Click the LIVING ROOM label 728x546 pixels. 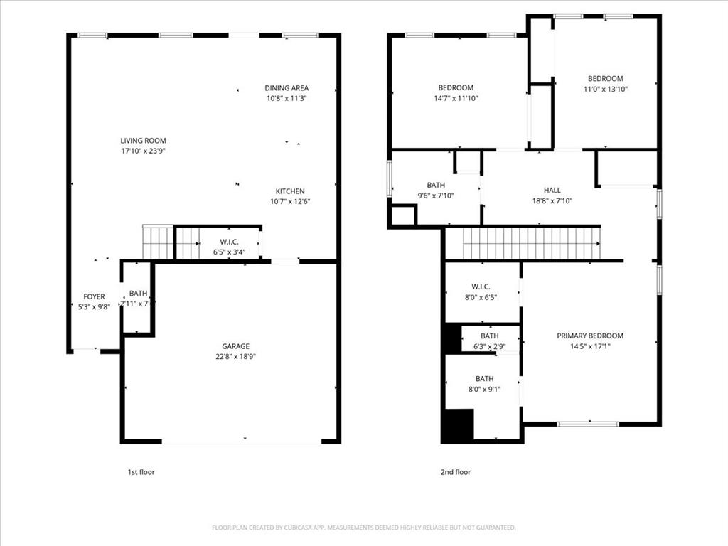143,141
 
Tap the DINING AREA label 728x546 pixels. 287,88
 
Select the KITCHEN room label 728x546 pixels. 290,191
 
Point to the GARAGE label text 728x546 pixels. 235,346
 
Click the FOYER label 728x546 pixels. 94,296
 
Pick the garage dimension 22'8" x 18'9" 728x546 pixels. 235,356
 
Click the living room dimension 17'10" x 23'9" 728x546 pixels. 143,151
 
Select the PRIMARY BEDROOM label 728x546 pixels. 589,336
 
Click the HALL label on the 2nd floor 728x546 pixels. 552,190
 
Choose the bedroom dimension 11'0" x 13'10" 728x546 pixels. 605,89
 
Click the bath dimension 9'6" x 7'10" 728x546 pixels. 436,196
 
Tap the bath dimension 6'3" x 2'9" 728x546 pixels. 489,346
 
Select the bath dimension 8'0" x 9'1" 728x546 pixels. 484,389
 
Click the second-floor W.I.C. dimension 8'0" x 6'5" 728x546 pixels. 481,297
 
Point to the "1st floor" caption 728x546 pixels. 140,471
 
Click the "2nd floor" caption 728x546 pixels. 455,471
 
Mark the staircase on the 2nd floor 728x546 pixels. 532,243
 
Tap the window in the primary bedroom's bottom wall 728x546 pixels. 587,424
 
